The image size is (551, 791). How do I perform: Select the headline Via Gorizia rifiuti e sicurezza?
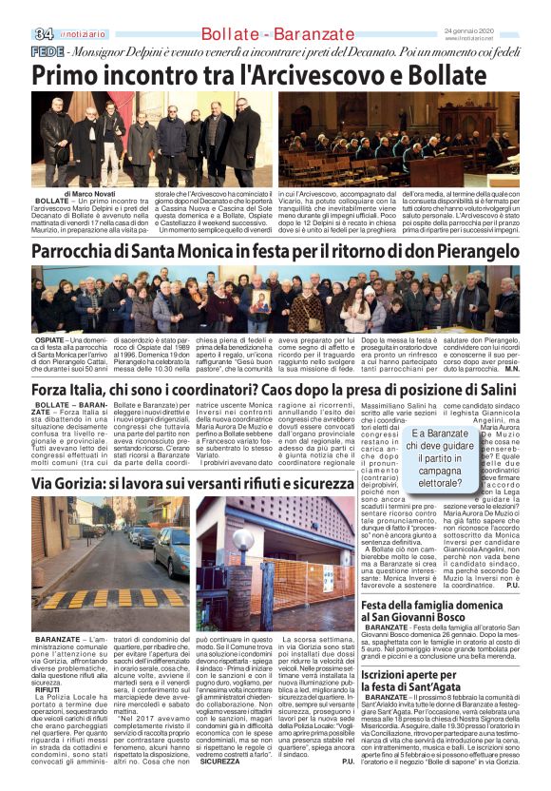[x=178, y=484]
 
